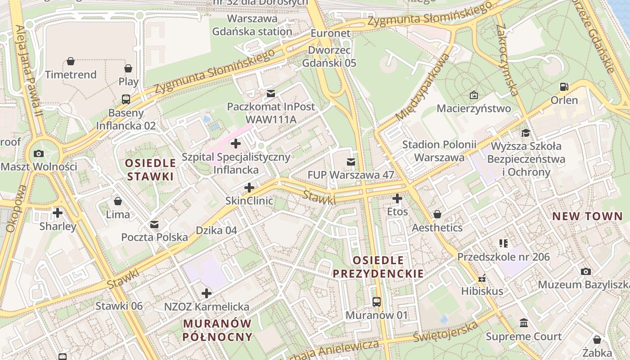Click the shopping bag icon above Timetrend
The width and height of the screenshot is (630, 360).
click(x=71, y=61)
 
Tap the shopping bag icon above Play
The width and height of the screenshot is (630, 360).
click(x=128, y=68)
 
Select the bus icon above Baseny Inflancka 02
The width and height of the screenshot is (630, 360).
click(x=126, y=99)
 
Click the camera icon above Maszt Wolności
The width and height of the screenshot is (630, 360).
click(x=39, y=153)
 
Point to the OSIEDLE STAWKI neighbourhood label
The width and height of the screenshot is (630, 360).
click(x=150, y=170)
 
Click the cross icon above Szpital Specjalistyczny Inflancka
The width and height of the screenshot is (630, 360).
click(x=235, y=144)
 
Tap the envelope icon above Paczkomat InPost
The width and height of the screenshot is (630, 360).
click(x=271, y=94)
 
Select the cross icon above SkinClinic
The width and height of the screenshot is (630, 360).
click(x=249, y=187)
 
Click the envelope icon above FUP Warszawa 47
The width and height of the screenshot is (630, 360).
click(x=351, y=162)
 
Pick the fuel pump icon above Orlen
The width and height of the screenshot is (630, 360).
click(x=564, y=87)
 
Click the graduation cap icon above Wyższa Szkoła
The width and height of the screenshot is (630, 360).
click(x=526, y=133)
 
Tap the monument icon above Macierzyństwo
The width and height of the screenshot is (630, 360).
click(x=473, y=95)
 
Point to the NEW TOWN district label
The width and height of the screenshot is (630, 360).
click(x=587, y=216)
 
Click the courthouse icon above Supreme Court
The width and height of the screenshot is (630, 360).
click(x=524, y=323)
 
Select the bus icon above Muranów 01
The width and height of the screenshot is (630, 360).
click(x=377, y=302)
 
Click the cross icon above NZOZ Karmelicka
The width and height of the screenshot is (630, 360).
click(x=207, y=293)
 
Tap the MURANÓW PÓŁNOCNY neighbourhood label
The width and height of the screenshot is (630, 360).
click(x=218, y=330)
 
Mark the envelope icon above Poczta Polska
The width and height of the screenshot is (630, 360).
click(x=154, y=224)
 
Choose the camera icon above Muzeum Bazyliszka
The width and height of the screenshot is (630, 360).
click(x=585, y=271)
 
